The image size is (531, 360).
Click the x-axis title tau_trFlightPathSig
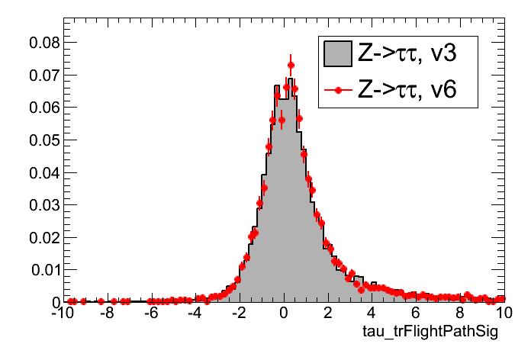(x=432, y=333)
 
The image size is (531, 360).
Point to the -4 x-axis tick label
(x=195, y=313)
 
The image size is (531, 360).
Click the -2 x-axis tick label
(x=239, y=313)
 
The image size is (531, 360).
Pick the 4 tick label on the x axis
(x=372, y=313)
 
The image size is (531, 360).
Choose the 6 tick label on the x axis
(x=416, y=313)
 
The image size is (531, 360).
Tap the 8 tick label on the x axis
(x=460, y=313)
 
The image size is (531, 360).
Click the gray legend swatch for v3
(x=337, y=54)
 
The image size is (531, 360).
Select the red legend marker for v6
(x=337, y=91)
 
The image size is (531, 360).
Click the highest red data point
(x=291, y=65)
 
